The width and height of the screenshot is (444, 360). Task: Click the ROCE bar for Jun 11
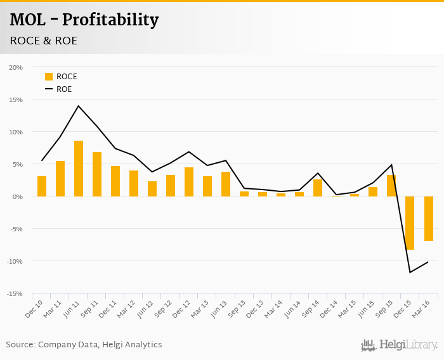click(x=79, y=169)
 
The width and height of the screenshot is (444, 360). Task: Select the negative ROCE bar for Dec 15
click(x=410, y=222)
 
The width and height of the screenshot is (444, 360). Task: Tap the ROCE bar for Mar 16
click(x=428, y=218)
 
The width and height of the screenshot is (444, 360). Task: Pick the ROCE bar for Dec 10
click(x=42, y=186)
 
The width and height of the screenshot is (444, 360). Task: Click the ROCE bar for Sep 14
click(x=318, y=188)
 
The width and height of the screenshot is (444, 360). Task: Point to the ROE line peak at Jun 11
click(x=79, y=106)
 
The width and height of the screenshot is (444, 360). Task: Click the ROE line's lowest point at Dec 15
click(x=410, y=273)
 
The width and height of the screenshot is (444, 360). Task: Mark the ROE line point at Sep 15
click(x=391, y=165)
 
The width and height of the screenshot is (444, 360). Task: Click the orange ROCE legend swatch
click(x=49, y=77)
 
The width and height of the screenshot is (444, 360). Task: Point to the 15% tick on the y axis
click(x=16, y=100)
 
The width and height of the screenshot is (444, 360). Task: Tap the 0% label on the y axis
click(x=17, y=196)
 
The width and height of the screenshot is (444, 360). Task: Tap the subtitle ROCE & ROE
click(x=44, y=41)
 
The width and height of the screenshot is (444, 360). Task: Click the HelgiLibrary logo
click(x=400, y=345)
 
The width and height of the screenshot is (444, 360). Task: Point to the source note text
click(x=84, y=345)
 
